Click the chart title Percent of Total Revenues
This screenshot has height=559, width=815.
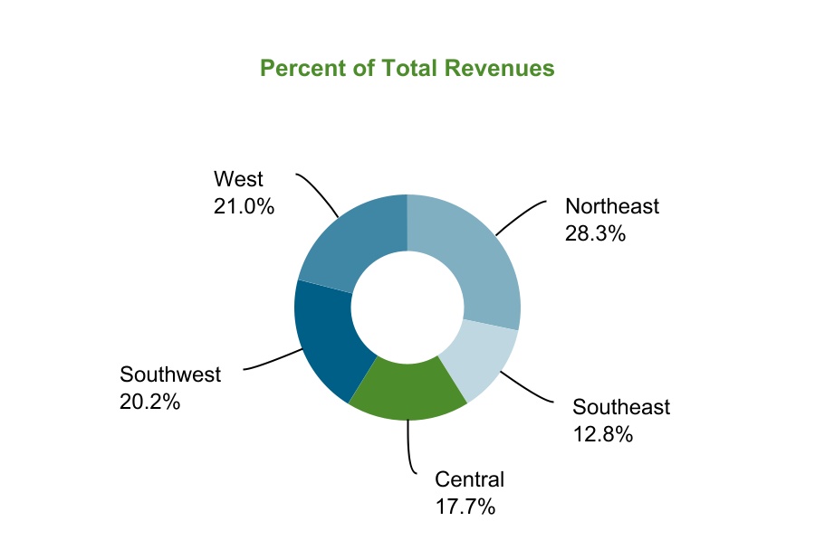click(407, 69)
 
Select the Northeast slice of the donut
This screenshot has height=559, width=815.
click(475, 262)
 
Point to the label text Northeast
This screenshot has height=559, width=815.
click(612, 206)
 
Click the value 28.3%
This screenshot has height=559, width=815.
click(596, 233)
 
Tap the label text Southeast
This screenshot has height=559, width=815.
click(621, 407)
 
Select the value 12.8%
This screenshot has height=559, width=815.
click(602, 434)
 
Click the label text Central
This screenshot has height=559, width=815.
click(469, 479)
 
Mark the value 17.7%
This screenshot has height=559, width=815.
click(465, 507)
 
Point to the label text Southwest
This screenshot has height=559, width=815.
click(170, 374)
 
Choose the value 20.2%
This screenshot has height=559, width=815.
click(150, 402)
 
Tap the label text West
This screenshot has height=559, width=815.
click(238, 179)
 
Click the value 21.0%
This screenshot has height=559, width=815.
click(244, 206)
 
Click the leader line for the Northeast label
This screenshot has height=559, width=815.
click(521, 215)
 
